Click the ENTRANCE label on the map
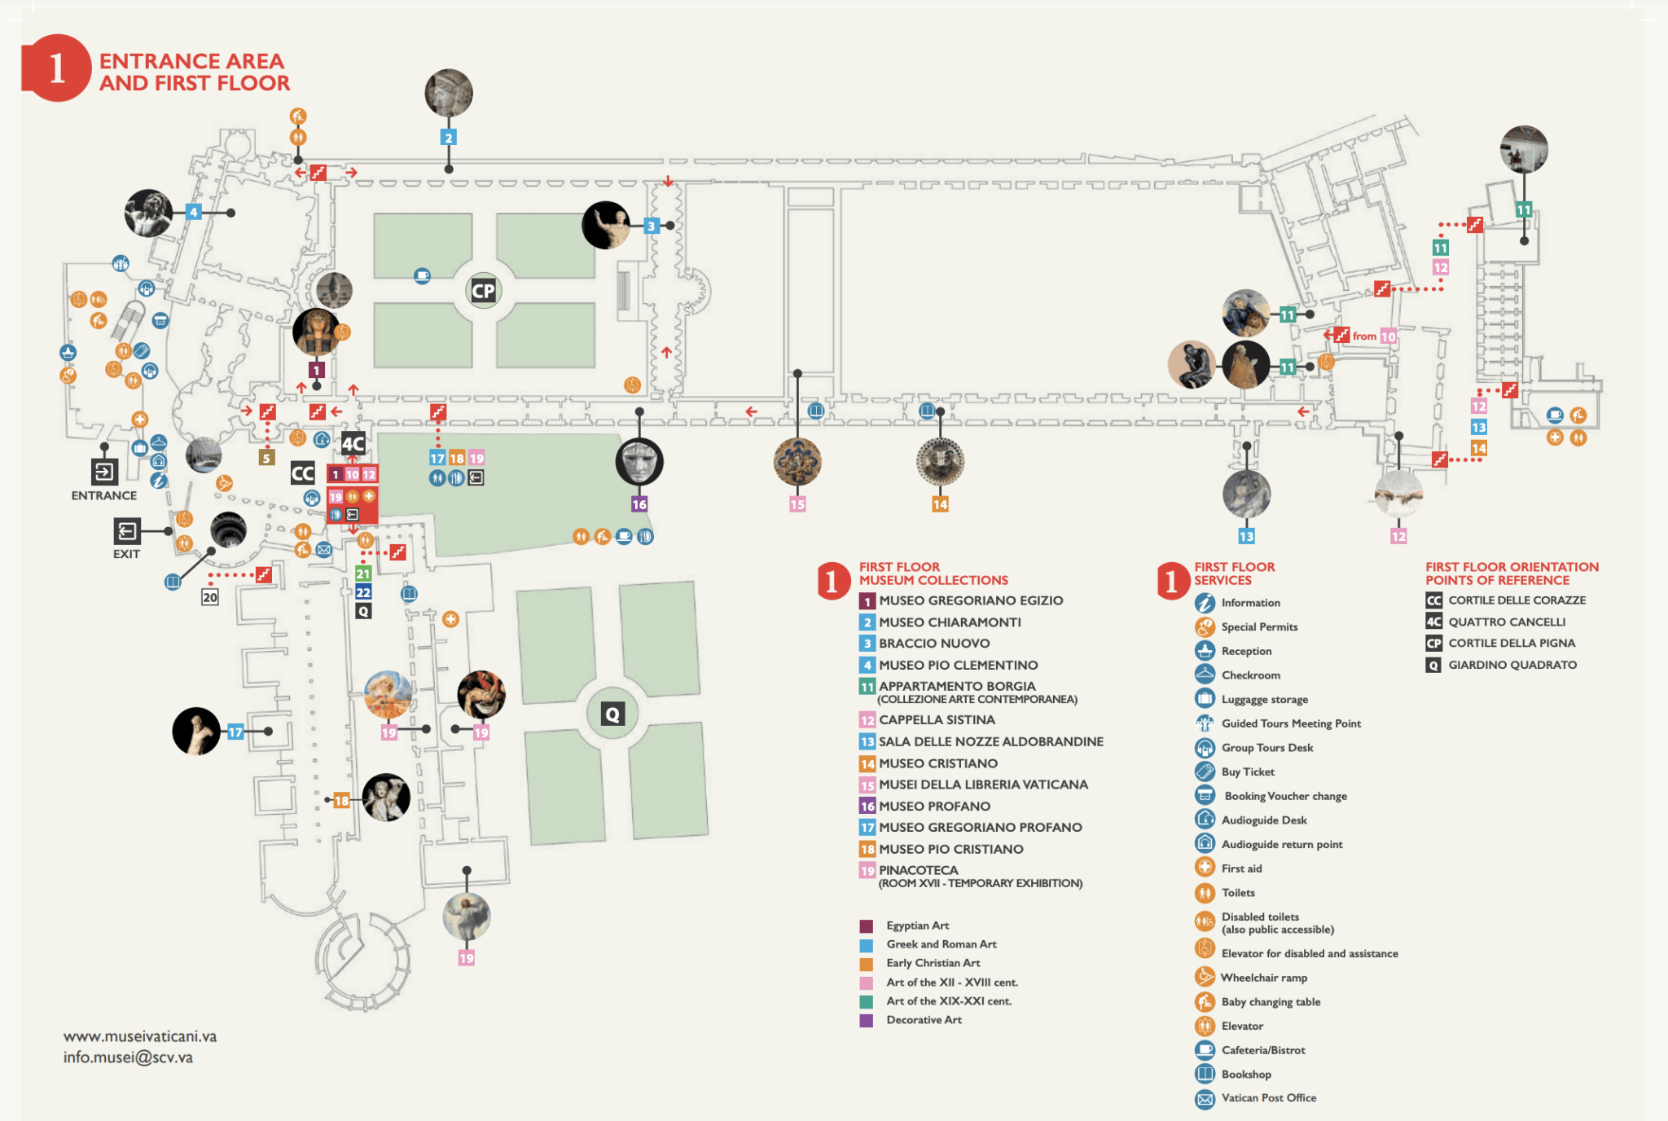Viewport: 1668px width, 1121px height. (x=103, y=495)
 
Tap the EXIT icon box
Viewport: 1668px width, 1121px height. (x=127, y=531)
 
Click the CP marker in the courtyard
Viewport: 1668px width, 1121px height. (x=483, y=291)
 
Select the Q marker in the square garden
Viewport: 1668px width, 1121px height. (x=612, y=714)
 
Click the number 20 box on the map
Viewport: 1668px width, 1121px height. (x=210, y=597)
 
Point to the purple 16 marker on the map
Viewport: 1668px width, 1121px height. (x=639, y=504)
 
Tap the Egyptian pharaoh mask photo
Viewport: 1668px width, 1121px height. (x=315, y=332)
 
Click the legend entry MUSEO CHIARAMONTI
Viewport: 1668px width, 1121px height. (x=950, y=622)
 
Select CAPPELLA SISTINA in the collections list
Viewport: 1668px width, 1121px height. (x=937, y=720)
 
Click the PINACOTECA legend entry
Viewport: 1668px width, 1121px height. (x=918, y=870)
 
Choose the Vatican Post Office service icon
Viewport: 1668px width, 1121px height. (x=1205, y=1099)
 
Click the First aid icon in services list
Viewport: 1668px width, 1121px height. (x=1205, y=868)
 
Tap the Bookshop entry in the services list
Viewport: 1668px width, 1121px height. (x=1246, y=1075)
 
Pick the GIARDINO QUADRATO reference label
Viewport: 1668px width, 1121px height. (x=1512, y=665)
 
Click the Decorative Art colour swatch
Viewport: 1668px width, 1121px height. (x=867, y=1020)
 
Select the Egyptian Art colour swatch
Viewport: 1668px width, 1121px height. (x=867, y=926)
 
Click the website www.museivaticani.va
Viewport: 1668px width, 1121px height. (x=140, y=1036)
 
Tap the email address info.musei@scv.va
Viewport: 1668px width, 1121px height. (x=128, y=1057)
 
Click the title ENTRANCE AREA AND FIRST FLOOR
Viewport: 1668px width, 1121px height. (x=193, y=73)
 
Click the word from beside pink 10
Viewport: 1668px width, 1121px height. (x=1364, y=336)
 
